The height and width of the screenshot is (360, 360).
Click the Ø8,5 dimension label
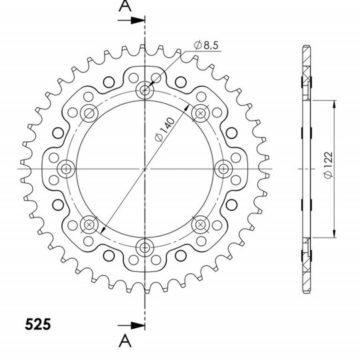point(206,45)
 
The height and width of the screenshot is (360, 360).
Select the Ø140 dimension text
point(165,129)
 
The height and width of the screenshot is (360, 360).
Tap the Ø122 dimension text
point(328,165)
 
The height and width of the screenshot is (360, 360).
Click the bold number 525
point(38,325)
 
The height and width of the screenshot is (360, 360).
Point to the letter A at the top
point(125,6)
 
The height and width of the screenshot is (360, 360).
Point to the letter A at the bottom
point(125,341)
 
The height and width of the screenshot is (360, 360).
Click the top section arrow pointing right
point(131,21)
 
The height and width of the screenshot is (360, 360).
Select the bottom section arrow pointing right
point(131,325)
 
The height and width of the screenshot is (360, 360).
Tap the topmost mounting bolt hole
point(145,90)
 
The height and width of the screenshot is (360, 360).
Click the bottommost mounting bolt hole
point(145,247)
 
